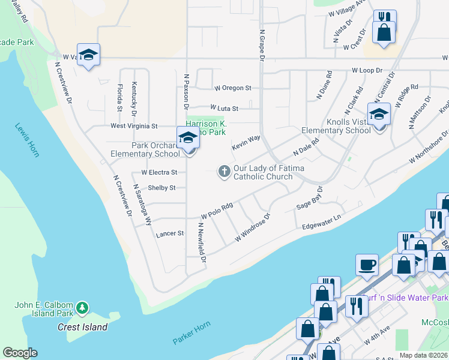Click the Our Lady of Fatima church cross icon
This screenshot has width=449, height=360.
click(x=224, y=172)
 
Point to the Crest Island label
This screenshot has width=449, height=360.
click(x=82, y=327)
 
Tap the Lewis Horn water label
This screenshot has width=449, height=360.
click(x=27, y=140)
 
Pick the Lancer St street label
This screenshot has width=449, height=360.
click(x=169, y=233)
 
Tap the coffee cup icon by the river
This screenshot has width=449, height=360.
click(x=367, y=265)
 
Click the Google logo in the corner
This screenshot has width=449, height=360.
click(x=20, y=353)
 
